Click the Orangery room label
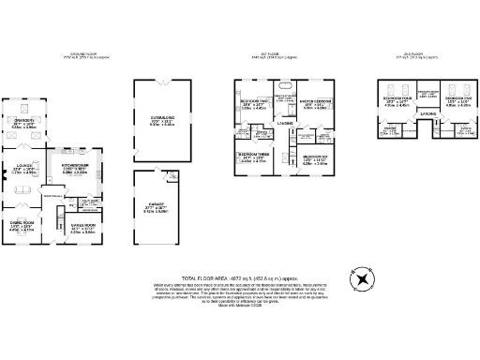point(24,121)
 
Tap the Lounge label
point(23,166)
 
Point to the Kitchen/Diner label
point(74,166)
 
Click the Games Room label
point(83,225)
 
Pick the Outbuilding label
point(162,119)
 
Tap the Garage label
point(156,209)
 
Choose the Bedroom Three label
point(252,156)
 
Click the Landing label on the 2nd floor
point(427,115)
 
